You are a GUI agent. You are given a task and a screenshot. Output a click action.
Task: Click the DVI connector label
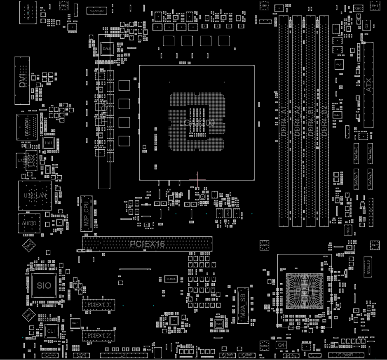coord(23,80)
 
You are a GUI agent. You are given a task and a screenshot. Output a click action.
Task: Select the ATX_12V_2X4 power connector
coord(97,11)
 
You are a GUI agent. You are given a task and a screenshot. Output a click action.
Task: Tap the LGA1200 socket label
coord(197,122)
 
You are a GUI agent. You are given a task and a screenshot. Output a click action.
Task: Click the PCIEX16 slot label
coord(147,244)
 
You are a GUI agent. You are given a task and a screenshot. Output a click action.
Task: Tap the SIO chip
coord(44,285)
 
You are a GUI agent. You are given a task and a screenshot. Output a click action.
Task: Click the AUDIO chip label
coord(28,223)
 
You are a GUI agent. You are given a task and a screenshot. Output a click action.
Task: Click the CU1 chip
coord(51,331)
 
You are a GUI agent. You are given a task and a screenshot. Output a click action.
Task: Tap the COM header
coord(81,355)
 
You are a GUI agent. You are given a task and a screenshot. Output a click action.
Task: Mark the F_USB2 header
coord(227,355)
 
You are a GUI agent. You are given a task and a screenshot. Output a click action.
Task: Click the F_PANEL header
coord(346,355)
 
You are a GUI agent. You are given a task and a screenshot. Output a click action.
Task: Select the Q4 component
coord(281,344)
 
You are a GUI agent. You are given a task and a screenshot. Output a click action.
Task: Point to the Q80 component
coord(359,8)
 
